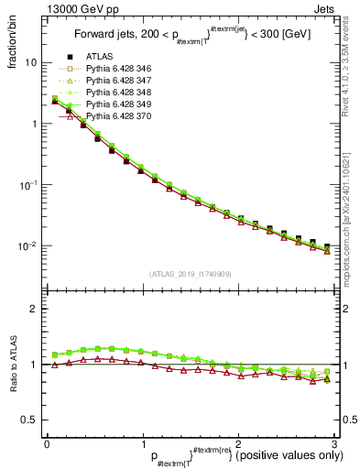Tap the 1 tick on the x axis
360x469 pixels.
142,442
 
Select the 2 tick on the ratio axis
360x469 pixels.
35,309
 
